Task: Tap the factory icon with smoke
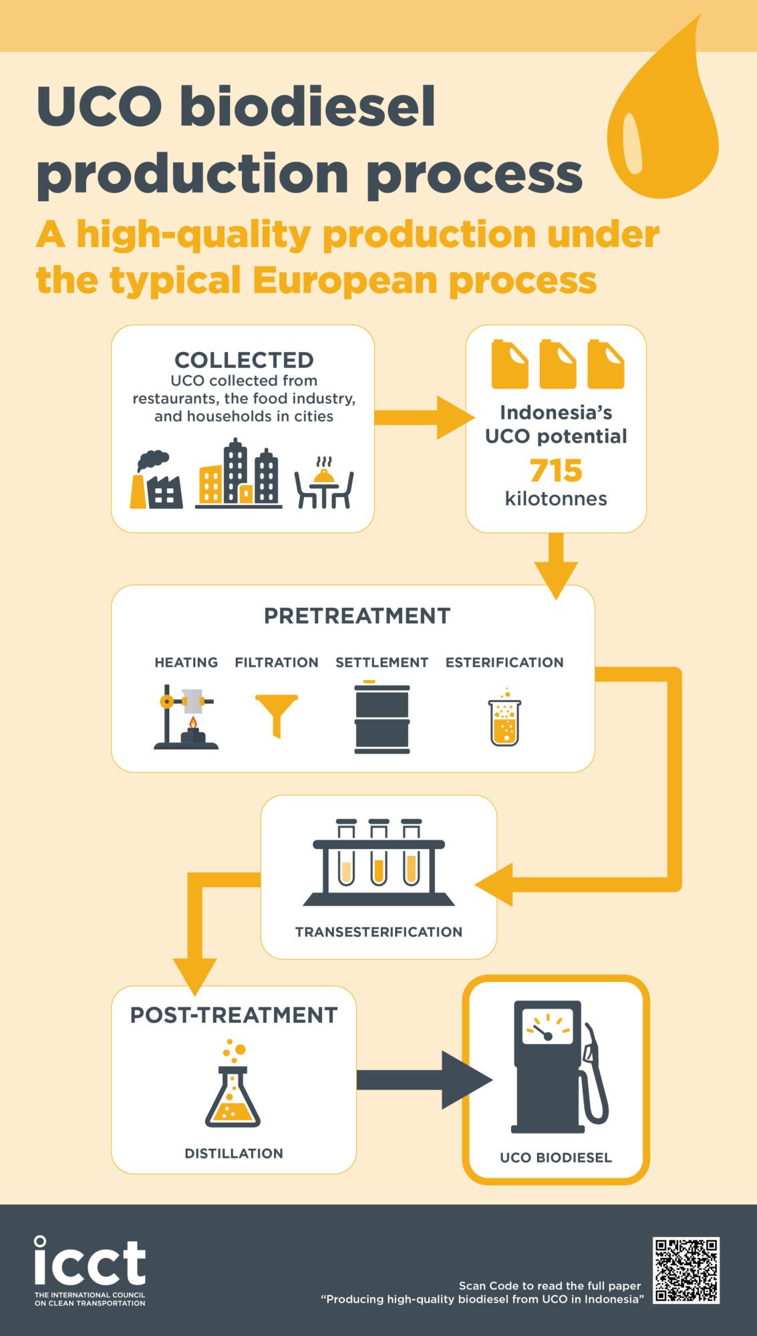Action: (156, 480)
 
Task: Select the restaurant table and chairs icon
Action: (324, 483)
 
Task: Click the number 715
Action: (556, 470)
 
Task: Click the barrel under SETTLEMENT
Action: (382, 717)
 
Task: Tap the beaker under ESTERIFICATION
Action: (504, 718)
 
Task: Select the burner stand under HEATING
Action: (186, 717)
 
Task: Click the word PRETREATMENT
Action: (357, 616)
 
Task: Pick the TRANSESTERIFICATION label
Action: (379, 932)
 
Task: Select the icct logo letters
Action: (90, 1261)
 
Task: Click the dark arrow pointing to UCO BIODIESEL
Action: (425, 1079)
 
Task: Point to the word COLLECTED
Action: (244, 360)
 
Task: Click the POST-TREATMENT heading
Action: (234, 1015)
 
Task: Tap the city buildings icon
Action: (239, 474)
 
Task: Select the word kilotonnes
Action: (556, 499)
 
